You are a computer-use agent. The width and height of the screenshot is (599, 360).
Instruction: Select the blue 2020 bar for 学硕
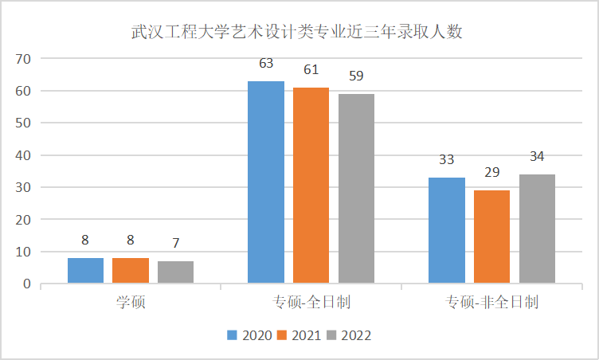tap(85, 271)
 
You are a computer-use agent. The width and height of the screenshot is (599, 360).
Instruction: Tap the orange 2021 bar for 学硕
tap(131, 271)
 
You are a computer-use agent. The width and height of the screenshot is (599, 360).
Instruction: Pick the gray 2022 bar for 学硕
tap(175, 272)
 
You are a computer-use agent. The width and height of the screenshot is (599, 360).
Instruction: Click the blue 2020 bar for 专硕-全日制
tap(266, 182)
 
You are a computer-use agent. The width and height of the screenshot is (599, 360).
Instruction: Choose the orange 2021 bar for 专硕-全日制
tap(311, 186)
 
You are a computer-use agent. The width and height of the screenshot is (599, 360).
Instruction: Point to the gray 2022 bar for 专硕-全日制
tap(356, 189)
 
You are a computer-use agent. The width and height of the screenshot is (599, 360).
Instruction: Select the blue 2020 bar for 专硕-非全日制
tap(447, 230)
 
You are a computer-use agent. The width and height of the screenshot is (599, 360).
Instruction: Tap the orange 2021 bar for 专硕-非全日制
tap(491, 237)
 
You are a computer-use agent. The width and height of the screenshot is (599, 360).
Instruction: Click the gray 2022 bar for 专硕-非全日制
tap(537, 229)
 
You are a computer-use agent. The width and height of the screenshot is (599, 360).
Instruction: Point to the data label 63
tap(266, 64)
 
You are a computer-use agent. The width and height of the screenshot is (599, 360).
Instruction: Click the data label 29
tap(491, 172)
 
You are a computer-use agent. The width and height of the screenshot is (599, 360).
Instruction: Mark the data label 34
tap(537, 156)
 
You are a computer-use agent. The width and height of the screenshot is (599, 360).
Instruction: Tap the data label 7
tap(175, 243)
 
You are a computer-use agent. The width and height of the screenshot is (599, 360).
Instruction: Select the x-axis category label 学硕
tap(131, 303)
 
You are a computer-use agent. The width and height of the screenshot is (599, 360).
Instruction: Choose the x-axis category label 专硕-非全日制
tap(491, 303)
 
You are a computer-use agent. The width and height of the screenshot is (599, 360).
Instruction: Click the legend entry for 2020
tap(250, 335)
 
